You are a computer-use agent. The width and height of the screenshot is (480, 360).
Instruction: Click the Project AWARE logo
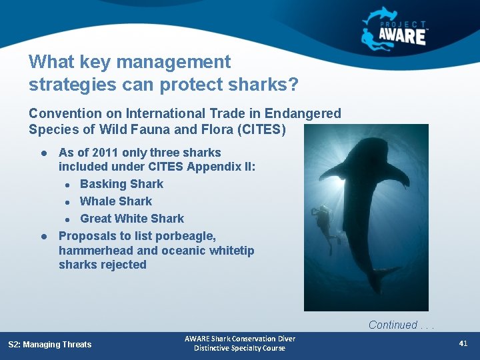395,27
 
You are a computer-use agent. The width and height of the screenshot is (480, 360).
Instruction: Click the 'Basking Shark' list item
121,184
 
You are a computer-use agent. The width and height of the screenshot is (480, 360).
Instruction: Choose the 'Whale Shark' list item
116,201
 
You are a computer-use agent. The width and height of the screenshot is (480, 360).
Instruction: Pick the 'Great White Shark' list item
132,219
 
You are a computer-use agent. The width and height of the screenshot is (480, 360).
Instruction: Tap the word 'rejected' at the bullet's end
123,265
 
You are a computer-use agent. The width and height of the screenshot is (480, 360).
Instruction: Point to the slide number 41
463,343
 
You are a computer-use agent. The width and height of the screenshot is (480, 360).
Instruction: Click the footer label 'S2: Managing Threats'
50,345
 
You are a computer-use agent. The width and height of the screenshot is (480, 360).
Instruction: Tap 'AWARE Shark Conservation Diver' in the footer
239,339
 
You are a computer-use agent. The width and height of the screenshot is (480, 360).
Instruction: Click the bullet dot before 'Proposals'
43,236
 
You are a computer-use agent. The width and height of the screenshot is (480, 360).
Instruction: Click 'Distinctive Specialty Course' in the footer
239,349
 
